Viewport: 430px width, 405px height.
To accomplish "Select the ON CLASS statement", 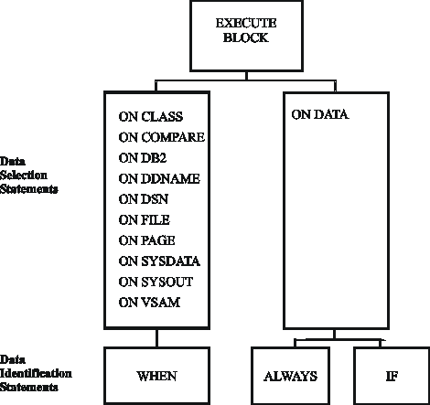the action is click(151, 117).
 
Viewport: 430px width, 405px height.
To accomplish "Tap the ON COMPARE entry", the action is click(162, 137).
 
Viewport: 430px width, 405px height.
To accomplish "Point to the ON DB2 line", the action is click(143, 158).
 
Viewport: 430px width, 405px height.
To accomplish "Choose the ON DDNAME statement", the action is click(159, 179).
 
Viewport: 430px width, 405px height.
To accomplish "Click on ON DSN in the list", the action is click(144, 199).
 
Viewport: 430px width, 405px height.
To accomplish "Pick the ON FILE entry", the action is click(145, 220).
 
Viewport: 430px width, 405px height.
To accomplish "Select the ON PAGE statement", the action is click(146, 240).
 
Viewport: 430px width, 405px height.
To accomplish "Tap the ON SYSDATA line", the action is click(159, 261).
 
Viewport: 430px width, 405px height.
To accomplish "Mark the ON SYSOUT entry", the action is click(156, 282).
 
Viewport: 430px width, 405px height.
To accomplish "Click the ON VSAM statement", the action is click(149, 303).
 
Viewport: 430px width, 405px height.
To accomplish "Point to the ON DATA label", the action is click(320, 115).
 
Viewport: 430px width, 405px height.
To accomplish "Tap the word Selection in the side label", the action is click(24, 176).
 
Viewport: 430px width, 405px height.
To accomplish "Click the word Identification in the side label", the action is click(36, 373).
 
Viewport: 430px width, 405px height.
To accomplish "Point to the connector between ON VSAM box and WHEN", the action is click(156, 338).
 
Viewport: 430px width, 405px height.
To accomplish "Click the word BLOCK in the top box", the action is click(246, 37).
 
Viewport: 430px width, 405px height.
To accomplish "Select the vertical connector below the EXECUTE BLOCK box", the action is click(246, 76).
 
